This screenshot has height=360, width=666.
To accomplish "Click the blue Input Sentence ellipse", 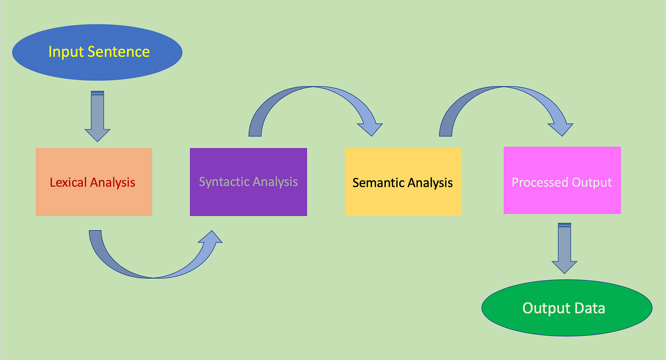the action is (x=97, y=52).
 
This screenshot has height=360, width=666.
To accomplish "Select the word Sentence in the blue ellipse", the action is (x=118, y=52).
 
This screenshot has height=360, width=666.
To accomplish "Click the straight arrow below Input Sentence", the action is (x=98, y=116).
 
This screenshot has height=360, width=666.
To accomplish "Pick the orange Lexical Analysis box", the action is (x=94, y=182).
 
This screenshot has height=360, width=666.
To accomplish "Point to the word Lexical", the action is (x=68, y=182).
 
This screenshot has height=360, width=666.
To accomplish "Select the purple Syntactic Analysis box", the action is (x=248, y=182).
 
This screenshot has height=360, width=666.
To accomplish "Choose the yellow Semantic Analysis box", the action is (x=403, y=182).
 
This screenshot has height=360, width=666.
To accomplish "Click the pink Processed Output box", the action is (x=562, y=180).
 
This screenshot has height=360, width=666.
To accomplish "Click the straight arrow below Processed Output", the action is (x=564, y=248).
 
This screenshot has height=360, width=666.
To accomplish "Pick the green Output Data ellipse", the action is (x=567, y=308).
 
